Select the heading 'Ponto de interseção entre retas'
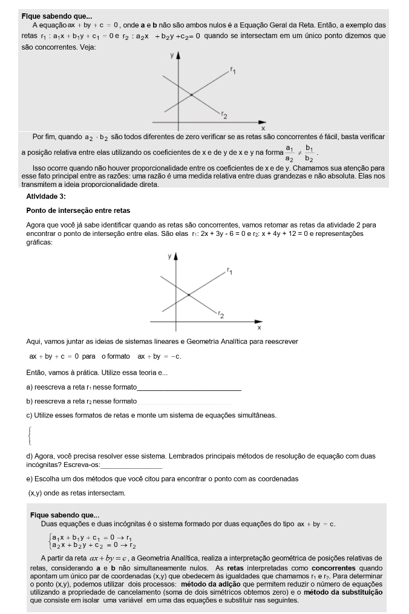pyautogui.click(x=78, y=211)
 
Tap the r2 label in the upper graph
pyautogui.click(x=224, y=114)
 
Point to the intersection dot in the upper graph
pyautogui.click(x=191, y=95)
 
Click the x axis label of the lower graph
pyautogui.click(x=259, y=327)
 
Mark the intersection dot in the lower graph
pyautogui.click(x=189, y=295)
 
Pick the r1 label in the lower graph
pyautogui.click(x=230, y=271)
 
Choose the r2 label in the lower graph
pyautogui.click(x=221, y=315)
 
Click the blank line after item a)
pyautogui.click(x=189, y=390)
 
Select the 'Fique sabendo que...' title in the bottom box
pyautogui.click(x=65, y=515)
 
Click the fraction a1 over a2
pyautogui.click(x=289, y=152)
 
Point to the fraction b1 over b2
pyautogui.click(x=309, y=152)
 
